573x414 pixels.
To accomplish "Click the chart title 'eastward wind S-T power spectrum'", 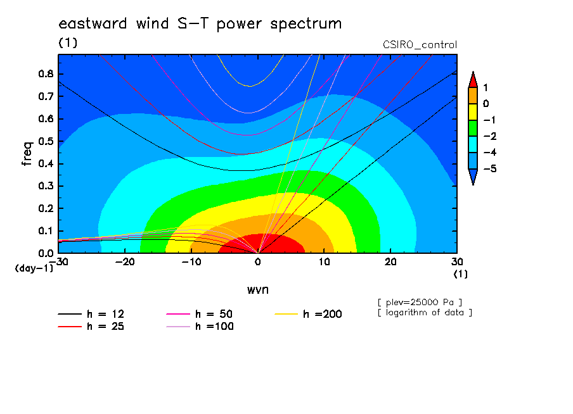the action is [200, 24].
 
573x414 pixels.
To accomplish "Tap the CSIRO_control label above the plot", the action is [420, 45].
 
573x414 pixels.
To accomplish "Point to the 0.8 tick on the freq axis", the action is [46, 73].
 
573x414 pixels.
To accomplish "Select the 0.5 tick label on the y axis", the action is [46, 141].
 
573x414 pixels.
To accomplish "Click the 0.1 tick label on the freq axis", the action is [46, 231].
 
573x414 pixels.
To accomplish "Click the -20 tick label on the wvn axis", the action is [125, 262].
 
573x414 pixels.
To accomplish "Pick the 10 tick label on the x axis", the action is [324, 262].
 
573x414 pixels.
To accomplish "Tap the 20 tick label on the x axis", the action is [390, 262].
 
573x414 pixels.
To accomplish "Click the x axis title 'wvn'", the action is [258, 290].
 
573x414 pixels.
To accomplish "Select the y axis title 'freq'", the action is [27, 154].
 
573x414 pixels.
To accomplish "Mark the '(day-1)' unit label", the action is [34, 268].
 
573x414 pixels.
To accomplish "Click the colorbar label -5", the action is [490, 168].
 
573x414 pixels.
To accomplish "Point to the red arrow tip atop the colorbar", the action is [473, 72].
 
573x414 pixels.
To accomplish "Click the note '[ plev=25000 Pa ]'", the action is [420, 303].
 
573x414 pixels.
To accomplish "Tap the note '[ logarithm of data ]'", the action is [425, 313].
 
